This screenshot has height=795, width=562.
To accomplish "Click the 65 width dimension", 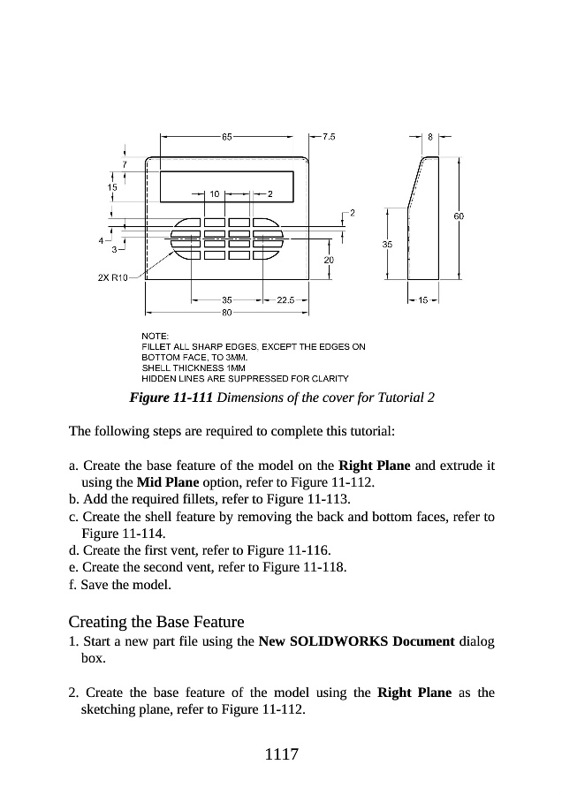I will click(x=228, y=137).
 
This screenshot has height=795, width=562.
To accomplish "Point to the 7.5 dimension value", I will click(x=328, y=137).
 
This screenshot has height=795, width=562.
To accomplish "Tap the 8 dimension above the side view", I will click(x=430, y=137).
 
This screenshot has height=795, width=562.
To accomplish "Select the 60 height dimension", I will click(x=459, y=216).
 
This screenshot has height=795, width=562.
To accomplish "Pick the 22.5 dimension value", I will click(x=285, y=300).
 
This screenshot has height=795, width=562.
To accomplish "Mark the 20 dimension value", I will click(x=329, y=260).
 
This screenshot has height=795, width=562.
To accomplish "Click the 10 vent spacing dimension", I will click(x=215, y=193).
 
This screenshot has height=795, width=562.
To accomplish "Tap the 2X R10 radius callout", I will click(x=112, y=277).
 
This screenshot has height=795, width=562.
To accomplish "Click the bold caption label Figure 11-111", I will click(x=171, y=397).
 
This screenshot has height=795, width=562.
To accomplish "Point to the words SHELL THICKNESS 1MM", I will click(x=194, y=367).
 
